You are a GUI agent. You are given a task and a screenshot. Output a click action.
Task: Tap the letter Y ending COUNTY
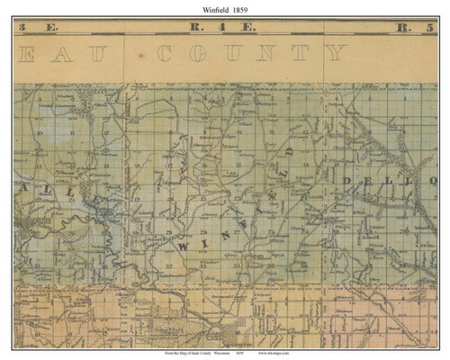point(334,53)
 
